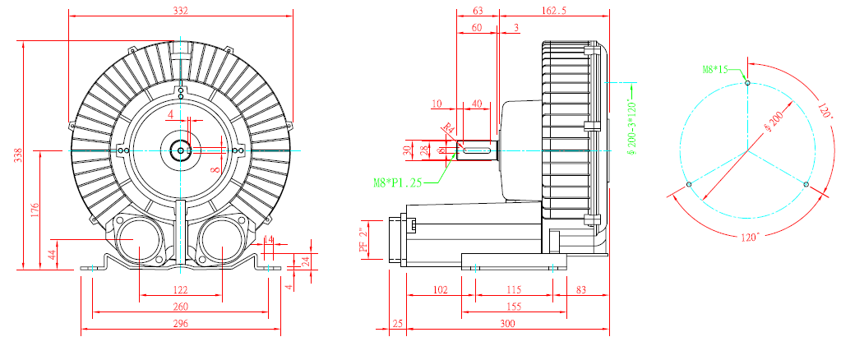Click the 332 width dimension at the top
pos(182,11)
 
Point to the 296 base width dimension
pos(181,324)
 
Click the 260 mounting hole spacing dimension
pos(181,307)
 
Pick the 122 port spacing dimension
pos(181,289)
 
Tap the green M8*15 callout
pos(715,69)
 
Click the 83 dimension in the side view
pos(581,289)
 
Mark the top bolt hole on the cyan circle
pos(746,82)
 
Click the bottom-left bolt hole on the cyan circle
pos(688,185)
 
